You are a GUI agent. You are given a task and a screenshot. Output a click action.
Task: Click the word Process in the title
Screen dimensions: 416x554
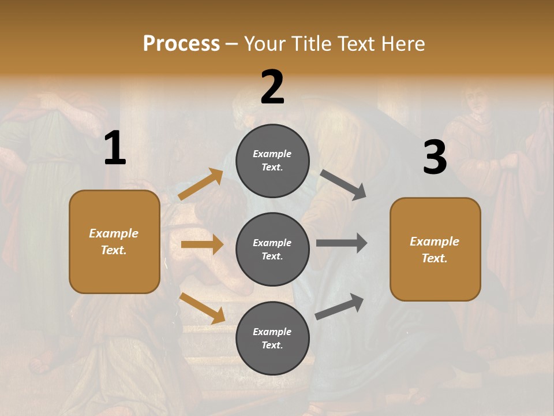pos(181,43)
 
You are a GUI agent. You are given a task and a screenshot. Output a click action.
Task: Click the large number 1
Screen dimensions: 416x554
pos(115,148)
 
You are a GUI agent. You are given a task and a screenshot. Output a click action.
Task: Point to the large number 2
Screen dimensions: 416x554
pos(272,87)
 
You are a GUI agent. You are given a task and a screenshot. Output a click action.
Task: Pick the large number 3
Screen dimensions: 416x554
pos(435,158)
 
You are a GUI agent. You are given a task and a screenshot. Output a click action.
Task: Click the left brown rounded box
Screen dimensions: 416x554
pos(114,242)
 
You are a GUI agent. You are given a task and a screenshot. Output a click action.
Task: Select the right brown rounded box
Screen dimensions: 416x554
pos(435,249)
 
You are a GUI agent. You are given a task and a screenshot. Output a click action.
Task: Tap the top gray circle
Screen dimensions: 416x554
pos(272,161)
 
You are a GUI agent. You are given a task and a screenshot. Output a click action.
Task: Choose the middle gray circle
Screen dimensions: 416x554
pos(272,249)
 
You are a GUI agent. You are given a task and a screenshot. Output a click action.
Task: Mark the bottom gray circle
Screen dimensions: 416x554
pos(272,338)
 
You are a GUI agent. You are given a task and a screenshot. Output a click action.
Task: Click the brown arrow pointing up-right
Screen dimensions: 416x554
pos(200,184)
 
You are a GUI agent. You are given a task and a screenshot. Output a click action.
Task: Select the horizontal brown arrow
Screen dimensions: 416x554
pos(202,244)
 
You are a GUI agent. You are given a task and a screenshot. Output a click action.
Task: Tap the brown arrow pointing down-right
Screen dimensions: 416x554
pos(202,307)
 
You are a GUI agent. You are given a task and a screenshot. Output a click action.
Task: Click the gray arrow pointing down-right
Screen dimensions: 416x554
pos(343,185)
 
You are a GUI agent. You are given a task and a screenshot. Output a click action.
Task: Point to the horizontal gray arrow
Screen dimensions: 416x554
pos(341,243)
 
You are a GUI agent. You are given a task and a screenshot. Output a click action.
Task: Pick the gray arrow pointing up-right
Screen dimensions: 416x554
pos(339,307)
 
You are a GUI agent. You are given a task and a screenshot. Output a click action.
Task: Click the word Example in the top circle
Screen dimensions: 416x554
pos(272,154)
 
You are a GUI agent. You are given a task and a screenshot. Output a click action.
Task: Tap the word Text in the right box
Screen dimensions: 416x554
pos(434,258)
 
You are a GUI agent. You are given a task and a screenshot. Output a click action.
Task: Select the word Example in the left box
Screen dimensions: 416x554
pos(114,233)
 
